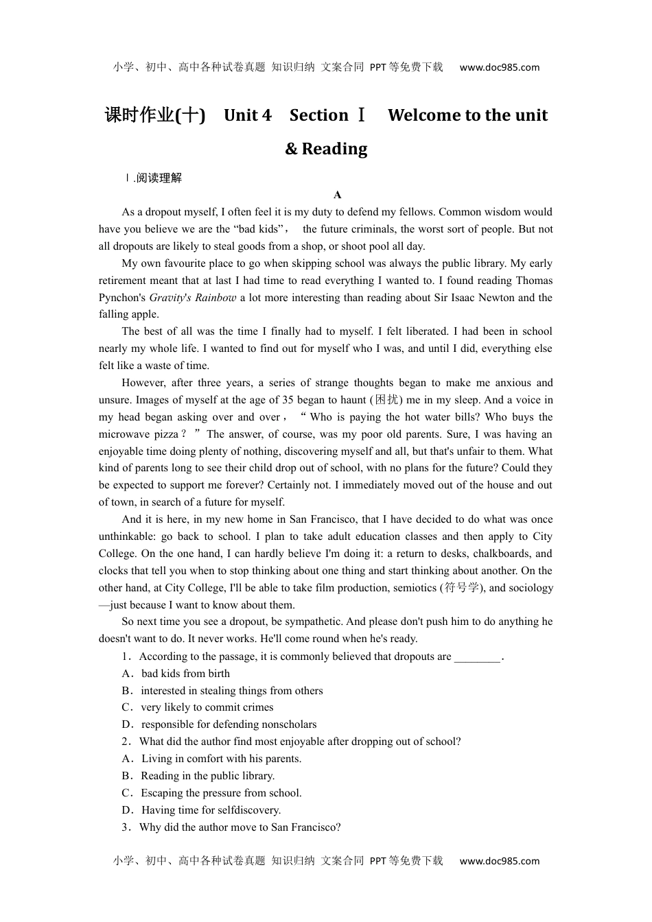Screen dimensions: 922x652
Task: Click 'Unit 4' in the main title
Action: point(248,115)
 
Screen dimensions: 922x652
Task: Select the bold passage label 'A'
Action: point(338,195)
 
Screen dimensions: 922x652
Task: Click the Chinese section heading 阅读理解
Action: point(159,178)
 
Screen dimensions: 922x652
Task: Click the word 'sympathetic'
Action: point(314,622)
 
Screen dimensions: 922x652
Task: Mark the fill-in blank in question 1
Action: point(477,657)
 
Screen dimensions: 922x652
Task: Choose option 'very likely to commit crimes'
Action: point(207,707)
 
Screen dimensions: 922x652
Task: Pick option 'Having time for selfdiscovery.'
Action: point(211,810)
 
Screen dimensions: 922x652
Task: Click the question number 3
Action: point(126,827)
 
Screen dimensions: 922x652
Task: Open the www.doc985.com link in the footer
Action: point(499,861)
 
